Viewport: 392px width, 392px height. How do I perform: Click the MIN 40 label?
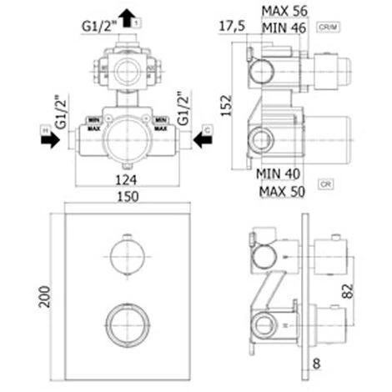[x=277, y=173]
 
